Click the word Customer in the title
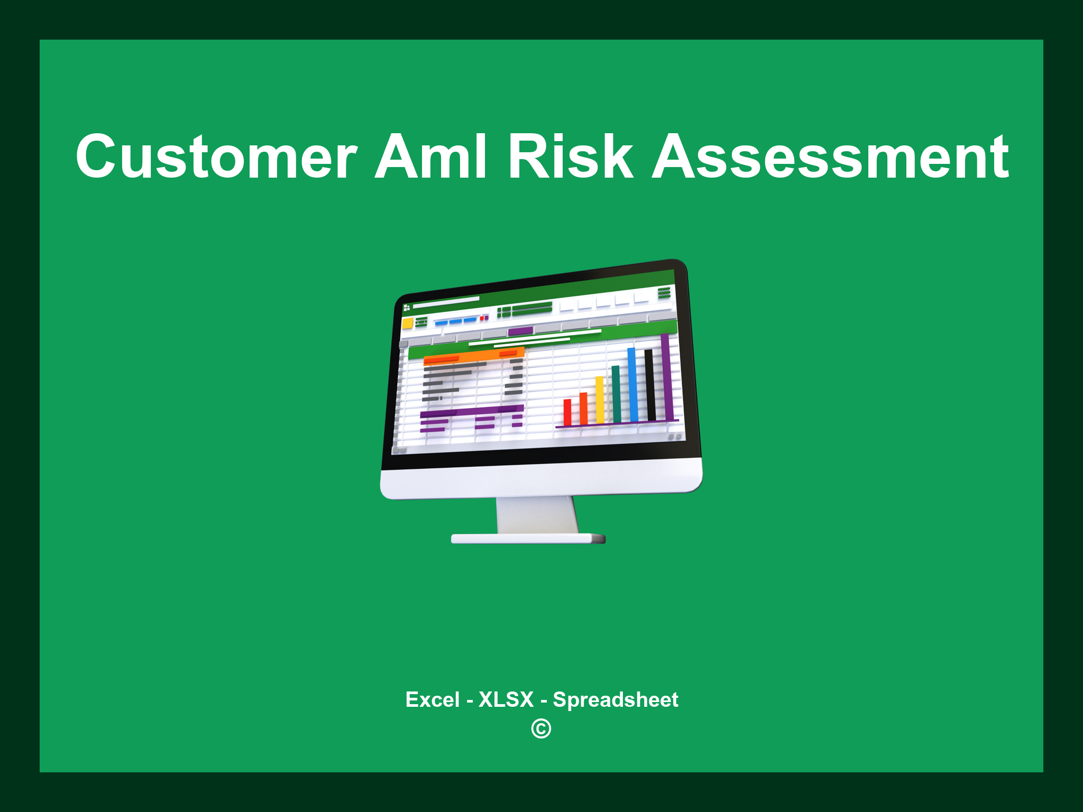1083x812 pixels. point(216,157)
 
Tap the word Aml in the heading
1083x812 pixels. point(430,157)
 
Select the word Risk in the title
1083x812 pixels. point(570,157)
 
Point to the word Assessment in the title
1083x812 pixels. point(830,157)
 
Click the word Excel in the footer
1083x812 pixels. point(432,699)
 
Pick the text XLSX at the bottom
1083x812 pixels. point(506,699)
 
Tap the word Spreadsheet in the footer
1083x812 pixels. point(615,699)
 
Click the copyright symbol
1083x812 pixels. point(541,729)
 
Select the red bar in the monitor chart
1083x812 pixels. point(567,412)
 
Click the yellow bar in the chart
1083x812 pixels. point(600,400)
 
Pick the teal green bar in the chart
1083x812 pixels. point(616,394)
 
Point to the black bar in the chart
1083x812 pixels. point(650,385)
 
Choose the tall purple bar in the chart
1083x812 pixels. point(667,376)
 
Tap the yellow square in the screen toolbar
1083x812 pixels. point(407,324)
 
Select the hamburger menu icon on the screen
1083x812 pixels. point(664,293)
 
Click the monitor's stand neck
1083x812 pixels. point(537,515)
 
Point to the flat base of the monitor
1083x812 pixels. point(528,539)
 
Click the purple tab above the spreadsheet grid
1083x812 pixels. point(520,331)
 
